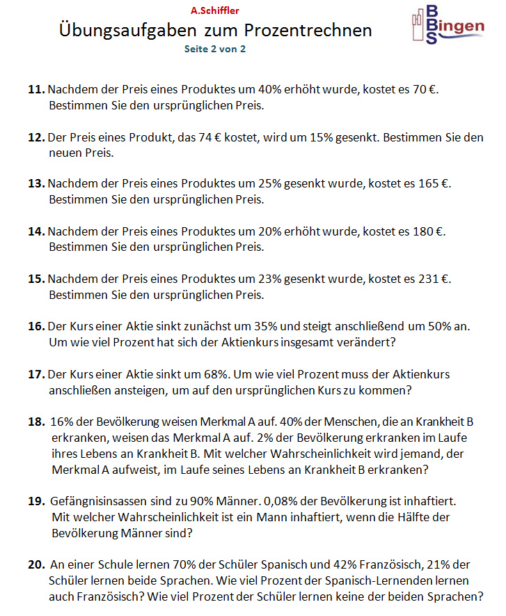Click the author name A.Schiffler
pyautogui.click(x=214, y=11)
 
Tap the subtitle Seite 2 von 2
pyautogui.click(x=214, y=49)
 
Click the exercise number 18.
pyautogui.click(x=36, y=422)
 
